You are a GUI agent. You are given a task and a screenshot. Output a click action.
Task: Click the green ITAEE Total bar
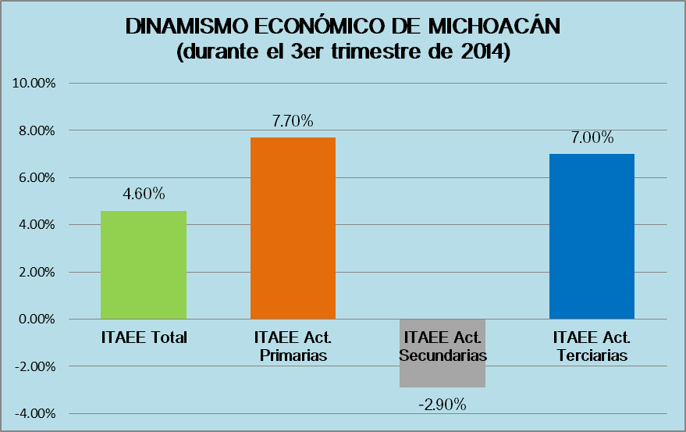(x=144, y=265)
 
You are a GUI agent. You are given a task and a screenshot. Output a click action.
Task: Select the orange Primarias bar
(x=293, y=228)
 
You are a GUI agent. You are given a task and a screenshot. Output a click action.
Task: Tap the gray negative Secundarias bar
(x=443, y=353)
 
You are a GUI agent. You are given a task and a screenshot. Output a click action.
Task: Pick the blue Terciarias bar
(x=592, y=236)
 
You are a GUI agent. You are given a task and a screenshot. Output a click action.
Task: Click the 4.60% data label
(x=144, y=194)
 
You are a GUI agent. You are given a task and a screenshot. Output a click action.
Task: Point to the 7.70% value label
(x=293, y=121)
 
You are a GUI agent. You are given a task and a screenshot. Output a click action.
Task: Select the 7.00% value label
(x=592, y=137)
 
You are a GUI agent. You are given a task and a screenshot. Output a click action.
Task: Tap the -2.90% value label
(x=443, y=405)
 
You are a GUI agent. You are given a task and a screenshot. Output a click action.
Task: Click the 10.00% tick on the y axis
(x=34, y=83)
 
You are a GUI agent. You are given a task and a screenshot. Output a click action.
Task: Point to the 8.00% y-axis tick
(x=37, y=130)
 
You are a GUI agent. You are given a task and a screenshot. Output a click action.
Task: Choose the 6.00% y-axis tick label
(x=37, y=177)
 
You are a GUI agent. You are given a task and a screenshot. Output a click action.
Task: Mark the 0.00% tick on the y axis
(x=37, y=319)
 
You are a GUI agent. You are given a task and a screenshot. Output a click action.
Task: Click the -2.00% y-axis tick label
(x=35, y=366)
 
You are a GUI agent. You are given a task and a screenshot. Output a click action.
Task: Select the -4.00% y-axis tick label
(x=35, y=413)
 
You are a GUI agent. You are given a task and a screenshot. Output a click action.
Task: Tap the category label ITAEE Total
(x=144, y=337)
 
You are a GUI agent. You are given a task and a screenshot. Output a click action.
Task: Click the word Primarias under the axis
(x=293, y=355)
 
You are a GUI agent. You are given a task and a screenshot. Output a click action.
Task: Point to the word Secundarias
(x=443, y=355)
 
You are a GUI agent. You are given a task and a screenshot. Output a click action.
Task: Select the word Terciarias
(x=592, y=355)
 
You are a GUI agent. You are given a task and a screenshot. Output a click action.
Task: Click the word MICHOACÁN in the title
(x=494, y=26)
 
